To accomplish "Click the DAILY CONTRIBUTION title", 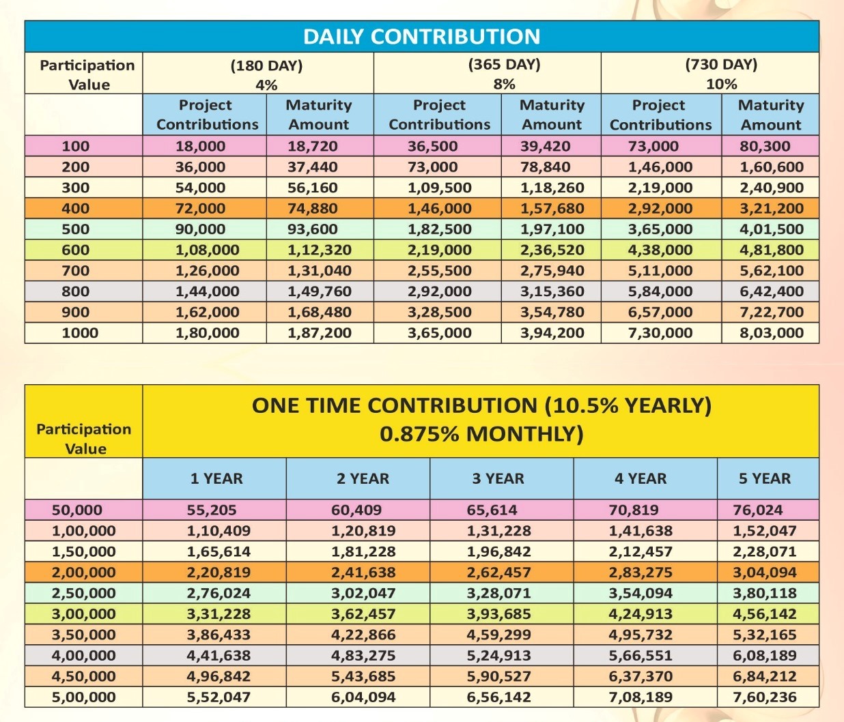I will (x=421, y=36).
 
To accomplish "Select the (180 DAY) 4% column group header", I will (x=266, y=74).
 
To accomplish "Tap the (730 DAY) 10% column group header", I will (x=721, y=74).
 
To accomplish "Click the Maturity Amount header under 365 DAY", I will (x=552, y=115).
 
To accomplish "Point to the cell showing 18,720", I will (x=312, y=146).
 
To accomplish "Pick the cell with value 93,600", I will (x=312, y=229).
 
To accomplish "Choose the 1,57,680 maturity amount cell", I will (x=552, y=208).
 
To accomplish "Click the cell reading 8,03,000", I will (x=771, y=333).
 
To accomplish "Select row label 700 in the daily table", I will (x=75, y=271).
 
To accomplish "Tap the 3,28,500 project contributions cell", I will (x=439, y=312).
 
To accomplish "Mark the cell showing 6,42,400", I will (x=771, y=291).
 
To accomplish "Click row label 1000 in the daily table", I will (x=80, y=333).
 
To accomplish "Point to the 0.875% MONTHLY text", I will (x=481, y=434).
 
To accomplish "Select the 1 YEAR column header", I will (x=216, y=478).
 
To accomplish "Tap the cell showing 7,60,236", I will (x=764, y=697).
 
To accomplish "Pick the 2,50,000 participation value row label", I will (x=83, y=593).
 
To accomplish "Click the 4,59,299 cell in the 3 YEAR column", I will (x=498, y=635).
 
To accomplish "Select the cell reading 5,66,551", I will (x=640, y=656).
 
